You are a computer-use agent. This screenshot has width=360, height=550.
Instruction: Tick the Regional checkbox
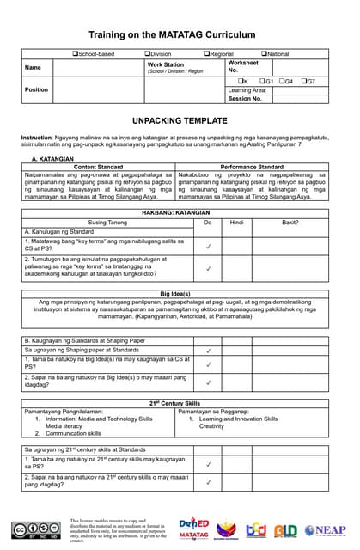click(x=206, y=54)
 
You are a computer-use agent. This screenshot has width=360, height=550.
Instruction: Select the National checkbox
click(x=264, y=54)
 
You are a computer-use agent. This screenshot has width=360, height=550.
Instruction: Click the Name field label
click(x=33, y=67)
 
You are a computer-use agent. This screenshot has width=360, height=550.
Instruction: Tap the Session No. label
click(x=245, y=99)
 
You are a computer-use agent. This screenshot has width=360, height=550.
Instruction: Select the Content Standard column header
click(x=99, y=167)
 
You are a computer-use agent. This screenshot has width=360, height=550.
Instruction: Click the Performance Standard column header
click(x=253, y=167)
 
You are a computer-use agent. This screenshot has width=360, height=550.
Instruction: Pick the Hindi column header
click(x=237, y=222)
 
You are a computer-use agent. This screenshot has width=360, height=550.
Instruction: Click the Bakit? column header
click(x=290, y=222)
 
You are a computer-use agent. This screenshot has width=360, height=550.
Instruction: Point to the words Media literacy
click(x=64, y=426)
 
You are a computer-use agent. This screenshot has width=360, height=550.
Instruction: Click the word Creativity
click(x=211, y=426)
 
